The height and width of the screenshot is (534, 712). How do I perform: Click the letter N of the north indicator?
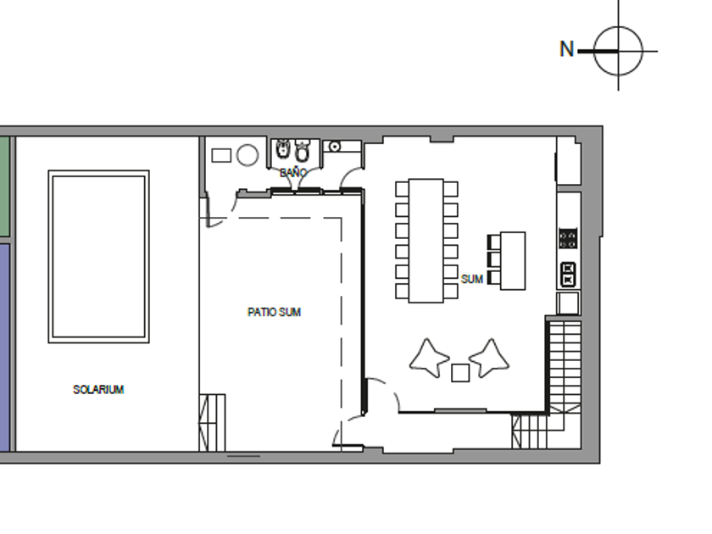567,49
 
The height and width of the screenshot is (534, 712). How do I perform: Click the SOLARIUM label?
98,390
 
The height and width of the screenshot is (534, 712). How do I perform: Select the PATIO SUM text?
275,312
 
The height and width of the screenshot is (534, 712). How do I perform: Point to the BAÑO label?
293,173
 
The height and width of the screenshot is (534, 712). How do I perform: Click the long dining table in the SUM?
426,241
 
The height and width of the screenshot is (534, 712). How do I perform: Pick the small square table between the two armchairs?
460,373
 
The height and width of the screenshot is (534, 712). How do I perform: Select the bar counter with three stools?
513,261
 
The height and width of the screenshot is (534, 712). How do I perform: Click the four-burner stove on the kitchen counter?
568,238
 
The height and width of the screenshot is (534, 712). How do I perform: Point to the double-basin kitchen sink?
569,275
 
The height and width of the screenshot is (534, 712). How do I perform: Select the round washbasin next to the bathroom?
335,146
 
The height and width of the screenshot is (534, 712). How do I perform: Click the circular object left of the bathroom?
248,155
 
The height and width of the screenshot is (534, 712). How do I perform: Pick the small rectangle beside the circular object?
221,155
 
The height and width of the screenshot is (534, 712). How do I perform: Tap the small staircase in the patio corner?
212,423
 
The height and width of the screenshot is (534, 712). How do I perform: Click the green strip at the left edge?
4,186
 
